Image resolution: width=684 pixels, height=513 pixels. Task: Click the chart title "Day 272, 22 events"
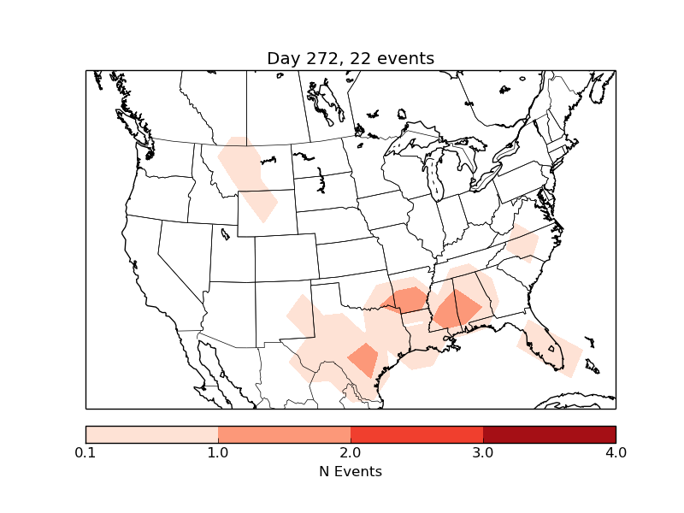[x=351, y=59]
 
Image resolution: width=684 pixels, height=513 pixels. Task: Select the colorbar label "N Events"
[x=351, y=471]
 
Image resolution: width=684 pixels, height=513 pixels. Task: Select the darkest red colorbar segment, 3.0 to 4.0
[x=549, y=434]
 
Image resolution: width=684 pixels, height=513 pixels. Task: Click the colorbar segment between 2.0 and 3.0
[x=416, y=434]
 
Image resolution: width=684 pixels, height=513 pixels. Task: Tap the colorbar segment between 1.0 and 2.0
[x=284, y=434]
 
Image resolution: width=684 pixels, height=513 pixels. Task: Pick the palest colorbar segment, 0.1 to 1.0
[x=151, y=434]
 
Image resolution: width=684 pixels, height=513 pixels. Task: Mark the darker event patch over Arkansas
[x=407, y=300]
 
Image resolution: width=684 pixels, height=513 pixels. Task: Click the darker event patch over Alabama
[x=456, y=310]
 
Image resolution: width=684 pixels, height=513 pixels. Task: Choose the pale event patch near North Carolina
[x=521, y=242]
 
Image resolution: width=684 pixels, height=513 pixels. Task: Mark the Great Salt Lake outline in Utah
[x=224, y=233]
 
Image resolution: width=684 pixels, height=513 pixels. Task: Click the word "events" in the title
[x=404, y=59]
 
